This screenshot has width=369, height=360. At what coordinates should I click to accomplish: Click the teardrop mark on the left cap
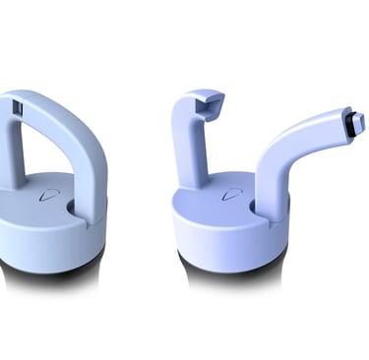(x=43, y=196)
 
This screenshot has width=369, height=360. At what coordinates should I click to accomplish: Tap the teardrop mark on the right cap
(x=233, y=193)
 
